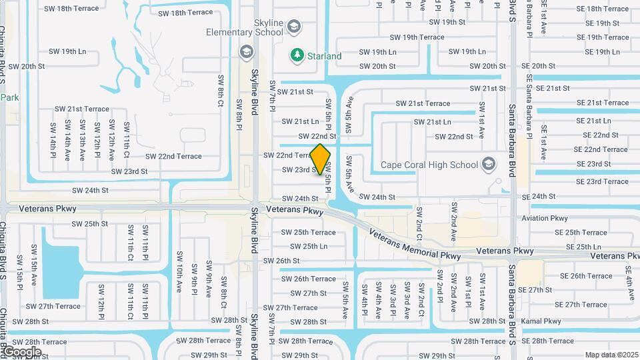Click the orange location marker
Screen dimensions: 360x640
click(321, 159)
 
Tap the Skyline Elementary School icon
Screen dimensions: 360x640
click(293, 27)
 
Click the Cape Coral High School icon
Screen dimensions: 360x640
click(489, 163)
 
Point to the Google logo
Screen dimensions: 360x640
click(21, 351)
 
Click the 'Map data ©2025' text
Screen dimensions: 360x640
click(611, 355)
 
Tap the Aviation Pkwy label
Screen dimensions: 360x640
click(545, 218)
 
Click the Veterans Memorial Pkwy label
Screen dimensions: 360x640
click(414, 245)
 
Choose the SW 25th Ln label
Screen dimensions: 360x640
click(305, 246)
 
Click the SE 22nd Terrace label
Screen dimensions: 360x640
click(605, 149)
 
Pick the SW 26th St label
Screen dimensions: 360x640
click(281, 261)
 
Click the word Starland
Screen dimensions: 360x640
click(325, 57)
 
